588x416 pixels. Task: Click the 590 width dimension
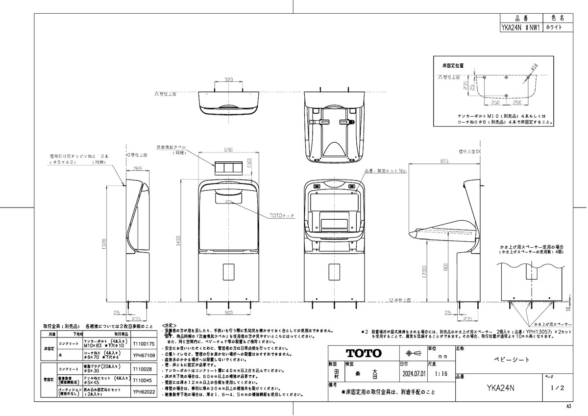pos(228,150)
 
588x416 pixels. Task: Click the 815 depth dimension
pos(444,160)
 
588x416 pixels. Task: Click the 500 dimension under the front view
pos(229,312)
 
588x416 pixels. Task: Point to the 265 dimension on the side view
pos(137,169)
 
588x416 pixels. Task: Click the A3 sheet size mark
pos(568,407)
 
